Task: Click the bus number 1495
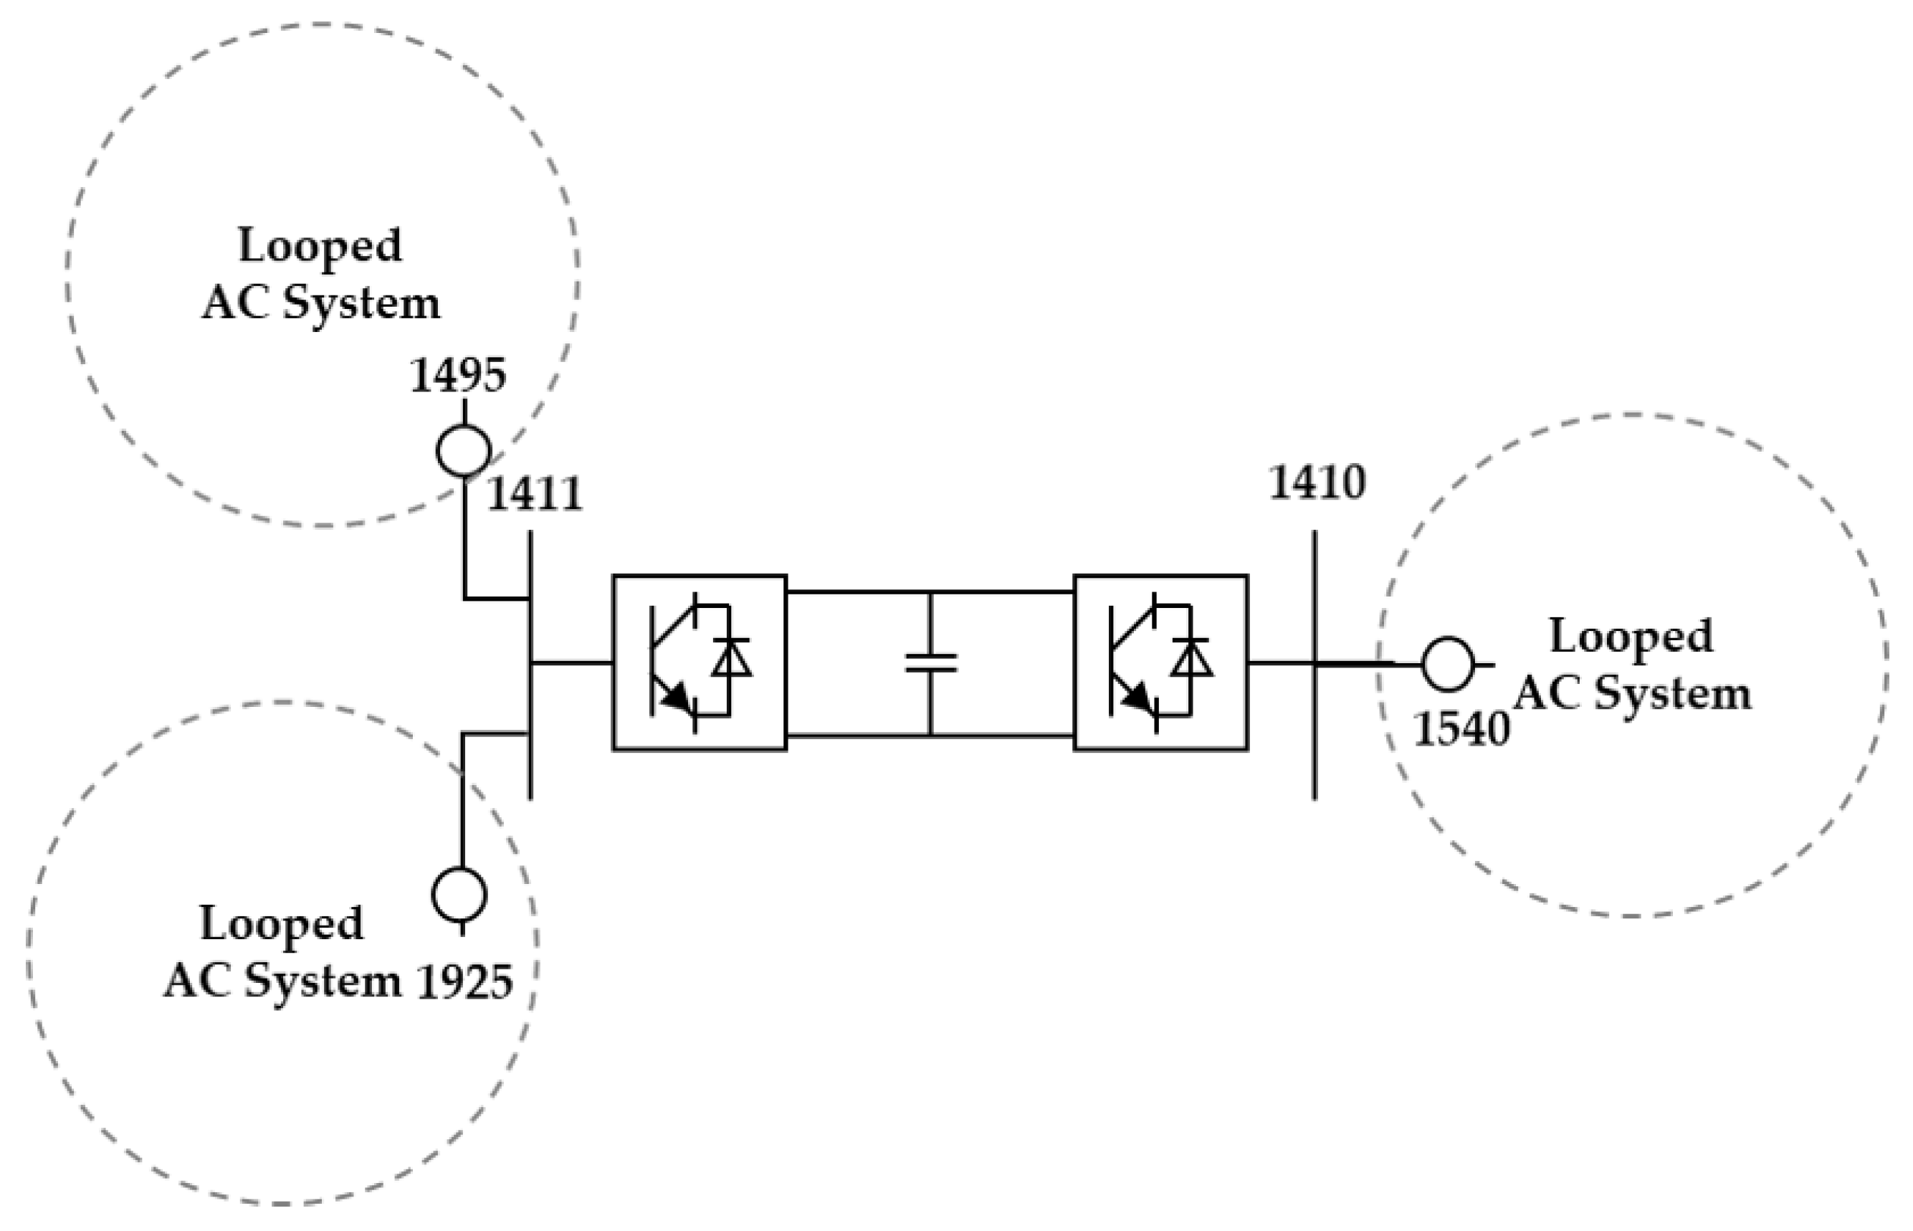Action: (458, 375)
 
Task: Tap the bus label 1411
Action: (535, 494)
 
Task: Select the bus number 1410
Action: (1317, 483)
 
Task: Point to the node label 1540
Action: (1461, 729)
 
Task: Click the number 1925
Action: (465, 982)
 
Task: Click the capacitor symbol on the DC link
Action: (930, 662)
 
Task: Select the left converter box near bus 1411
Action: (700, 662)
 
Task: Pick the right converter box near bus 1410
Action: (1160, 662)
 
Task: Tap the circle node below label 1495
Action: (464, 451)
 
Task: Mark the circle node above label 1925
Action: (459, 895)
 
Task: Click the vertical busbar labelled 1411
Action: (530, 663)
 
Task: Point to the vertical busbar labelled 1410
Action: (1315, 663)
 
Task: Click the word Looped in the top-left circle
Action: (320, 245)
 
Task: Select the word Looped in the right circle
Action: (1631, 637)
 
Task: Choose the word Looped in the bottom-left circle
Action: (281, 924)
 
